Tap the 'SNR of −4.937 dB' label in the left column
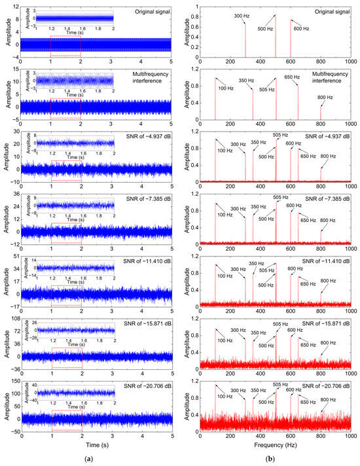[145, 135]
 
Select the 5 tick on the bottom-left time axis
[173, 434]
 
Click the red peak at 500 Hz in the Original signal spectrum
[275, 36]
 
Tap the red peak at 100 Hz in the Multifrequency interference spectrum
[215, 98]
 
